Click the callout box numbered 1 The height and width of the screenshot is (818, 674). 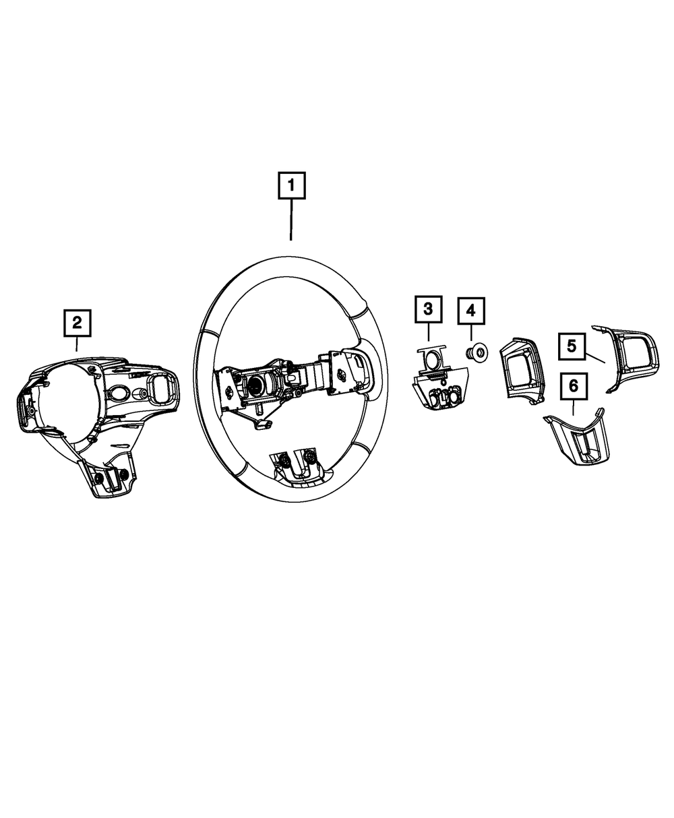(x=291, y=186)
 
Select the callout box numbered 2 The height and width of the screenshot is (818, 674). (x=77, y=322)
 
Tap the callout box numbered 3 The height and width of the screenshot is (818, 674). (x=428, y=310)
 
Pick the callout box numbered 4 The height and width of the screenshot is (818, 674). (x=470, y=311)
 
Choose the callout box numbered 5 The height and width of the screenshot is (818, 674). (x=571, y=346)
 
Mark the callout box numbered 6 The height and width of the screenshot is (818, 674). (x=573, y=386)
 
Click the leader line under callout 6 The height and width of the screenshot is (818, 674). (x=573, y=407)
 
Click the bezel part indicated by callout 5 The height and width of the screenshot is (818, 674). (x=632, y=357)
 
